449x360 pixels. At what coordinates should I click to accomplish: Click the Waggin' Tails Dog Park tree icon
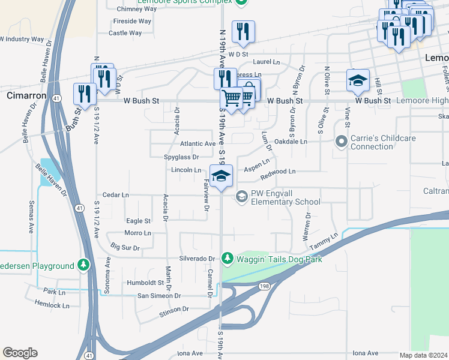228,259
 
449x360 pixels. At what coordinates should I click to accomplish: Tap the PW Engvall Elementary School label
286,197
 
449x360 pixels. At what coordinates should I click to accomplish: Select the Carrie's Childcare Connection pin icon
342,142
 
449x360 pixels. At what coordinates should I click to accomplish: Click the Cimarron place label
26,95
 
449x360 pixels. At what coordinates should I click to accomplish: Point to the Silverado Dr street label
196,259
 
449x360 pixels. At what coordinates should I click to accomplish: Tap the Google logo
20,353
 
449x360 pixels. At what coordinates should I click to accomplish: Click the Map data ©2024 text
424,355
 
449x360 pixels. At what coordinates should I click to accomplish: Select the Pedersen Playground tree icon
83,265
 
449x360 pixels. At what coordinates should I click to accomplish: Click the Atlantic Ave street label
197,144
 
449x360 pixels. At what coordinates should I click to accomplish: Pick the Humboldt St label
145,282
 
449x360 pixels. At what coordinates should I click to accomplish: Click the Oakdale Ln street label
291,142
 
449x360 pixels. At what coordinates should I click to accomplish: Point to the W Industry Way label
22,39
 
